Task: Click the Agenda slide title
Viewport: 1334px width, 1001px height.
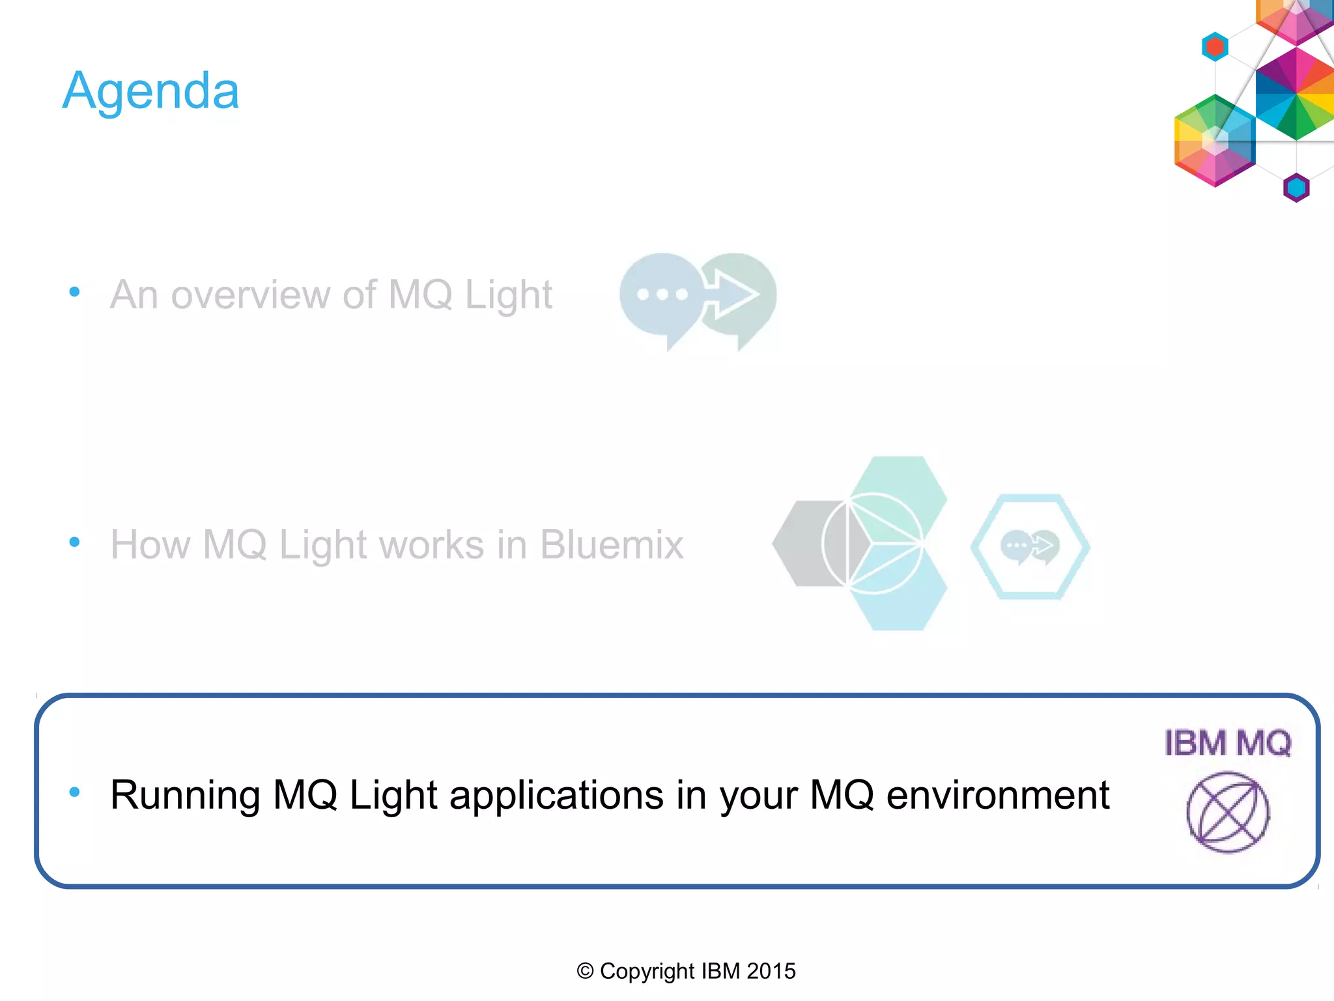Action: click(150, 91)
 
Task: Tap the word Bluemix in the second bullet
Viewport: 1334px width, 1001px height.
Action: click(612, 545)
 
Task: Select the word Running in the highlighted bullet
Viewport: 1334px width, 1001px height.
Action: click(185, 796)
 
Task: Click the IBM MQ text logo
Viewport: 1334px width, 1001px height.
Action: click(1227, 744)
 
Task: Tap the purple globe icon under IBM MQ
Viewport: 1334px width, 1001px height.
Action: click(1227, 813)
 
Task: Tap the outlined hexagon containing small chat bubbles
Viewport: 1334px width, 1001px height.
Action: click(1030, 546)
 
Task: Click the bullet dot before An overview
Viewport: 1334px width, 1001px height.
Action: click(74, 292)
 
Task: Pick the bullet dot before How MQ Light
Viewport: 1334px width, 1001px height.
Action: click(74, 542)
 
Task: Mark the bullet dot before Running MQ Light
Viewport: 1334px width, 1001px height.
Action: click(74, 792)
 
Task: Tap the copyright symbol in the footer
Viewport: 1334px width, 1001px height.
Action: click(585, 971)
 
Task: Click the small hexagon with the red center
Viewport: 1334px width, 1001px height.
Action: click(1215, 47)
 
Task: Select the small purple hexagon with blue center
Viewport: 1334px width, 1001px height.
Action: click(1296, 188)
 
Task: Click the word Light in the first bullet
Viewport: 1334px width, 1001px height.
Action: click(508, 295)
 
